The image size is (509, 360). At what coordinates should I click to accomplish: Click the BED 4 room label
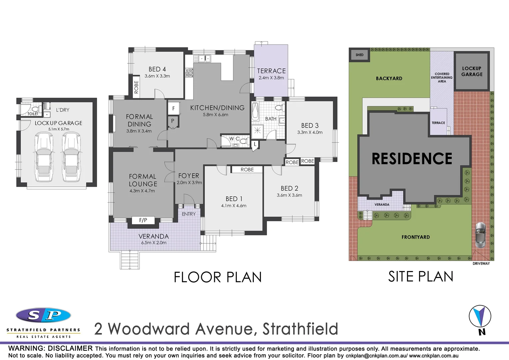click(x=157, y=69)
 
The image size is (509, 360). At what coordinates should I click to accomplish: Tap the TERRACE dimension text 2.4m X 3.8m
click(x=271, y=78)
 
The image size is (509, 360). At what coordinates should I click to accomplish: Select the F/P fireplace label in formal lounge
click(x=143, y=220)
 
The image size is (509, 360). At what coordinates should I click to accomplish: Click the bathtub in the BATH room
click(x=255, y=112)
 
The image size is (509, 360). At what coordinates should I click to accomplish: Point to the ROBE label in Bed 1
click(x=247, y=170)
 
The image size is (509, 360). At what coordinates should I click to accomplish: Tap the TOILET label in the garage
click(x=33, y=114)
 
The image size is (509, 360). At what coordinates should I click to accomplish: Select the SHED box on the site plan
click(x=359, y=55)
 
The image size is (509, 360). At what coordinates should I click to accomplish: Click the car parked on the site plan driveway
click(x=480, y=235)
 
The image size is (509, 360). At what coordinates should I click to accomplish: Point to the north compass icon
click(x=480, y=317)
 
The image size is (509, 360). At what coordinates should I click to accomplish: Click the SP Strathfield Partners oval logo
click(x=43, y=315)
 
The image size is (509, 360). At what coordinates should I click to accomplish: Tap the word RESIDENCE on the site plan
click(x=412, y=159)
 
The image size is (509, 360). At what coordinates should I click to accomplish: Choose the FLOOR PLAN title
click(x=218, y=277)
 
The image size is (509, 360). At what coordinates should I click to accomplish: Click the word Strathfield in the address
click(x=300, y=329)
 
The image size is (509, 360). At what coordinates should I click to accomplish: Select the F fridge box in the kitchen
click(x=173, y=108)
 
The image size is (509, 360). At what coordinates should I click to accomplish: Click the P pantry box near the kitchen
click(x=173, y=121)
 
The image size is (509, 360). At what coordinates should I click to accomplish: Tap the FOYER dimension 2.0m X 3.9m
click(x=189, y=183)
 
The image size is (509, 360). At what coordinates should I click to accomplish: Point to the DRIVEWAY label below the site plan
click(x=481, y=264)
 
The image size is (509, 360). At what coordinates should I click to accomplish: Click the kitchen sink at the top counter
click(x=204, y=59)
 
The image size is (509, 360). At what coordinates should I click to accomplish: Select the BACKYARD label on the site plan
click(x=389, y=79)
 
